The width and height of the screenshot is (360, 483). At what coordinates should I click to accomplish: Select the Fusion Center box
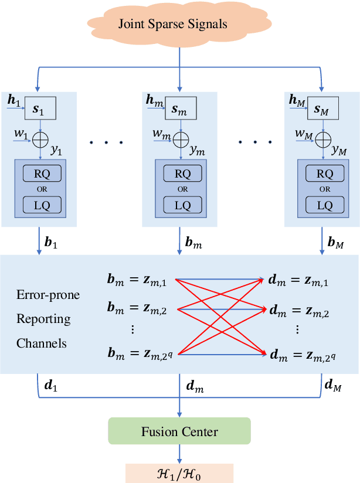point(179,432)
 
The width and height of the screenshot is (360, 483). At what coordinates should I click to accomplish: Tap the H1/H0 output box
point(179,472)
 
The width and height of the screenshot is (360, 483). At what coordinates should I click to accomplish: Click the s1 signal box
point(39,109)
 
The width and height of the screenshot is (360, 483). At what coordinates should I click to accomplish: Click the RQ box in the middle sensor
point(183,174)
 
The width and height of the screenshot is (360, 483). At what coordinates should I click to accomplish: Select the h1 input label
point(13,101)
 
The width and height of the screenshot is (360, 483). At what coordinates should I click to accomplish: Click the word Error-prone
point(48,294)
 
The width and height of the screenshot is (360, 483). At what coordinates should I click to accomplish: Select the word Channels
point(42,343)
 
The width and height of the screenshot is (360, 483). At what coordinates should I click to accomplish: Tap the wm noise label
point(161,135)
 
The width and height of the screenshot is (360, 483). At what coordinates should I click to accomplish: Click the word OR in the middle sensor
point(183,189)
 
